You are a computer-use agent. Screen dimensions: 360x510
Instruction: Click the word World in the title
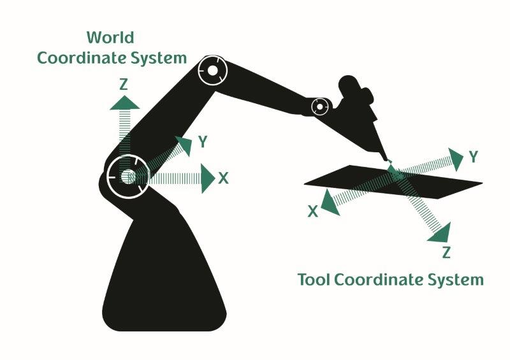pos(111,36)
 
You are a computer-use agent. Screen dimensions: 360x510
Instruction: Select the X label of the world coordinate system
pos(222,178)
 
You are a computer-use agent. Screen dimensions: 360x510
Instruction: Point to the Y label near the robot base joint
pos(202,142)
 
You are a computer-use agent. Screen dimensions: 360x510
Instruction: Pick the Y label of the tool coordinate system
pos(473,157)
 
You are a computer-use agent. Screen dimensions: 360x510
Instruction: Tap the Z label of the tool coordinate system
pos(446,252)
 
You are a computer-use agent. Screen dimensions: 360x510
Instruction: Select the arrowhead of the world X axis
pos(207,178)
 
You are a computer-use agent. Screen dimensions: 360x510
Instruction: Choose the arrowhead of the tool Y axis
pos(455,158)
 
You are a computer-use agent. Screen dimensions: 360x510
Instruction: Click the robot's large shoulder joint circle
pos(127,175)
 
